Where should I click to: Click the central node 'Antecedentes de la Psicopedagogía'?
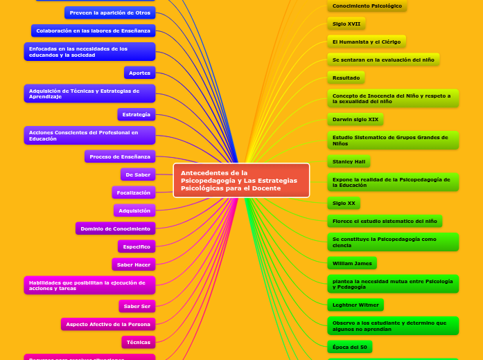click(x=241, y=180)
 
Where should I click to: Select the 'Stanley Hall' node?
click(x=349, y=161)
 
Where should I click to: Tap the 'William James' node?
click(x=352, y=263)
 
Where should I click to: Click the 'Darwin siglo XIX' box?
click(x=355, y=119)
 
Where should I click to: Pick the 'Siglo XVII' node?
click(x=346, y=24)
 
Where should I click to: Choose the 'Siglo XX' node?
click(x=344, y=204)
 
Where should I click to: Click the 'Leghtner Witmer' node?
click(x=355, y=305)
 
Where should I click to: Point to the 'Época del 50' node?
click(x=350, y=347)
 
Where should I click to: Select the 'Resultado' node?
click(x=346, y=78)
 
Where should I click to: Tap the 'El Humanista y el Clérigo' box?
click(x=367, y=42)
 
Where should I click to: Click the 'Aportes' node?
click(x=139, y=73)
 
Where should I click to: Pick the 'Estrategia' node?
click(x=136, y=114)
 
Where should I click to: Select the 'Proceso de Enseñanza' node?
click(x=120, y=156)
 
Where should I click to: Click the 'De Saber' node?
click(x=138, y=174)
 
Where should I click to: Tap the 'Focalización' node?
click(x=134, y=192)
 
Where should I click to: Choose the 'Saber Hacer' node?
click(x=134, y=264)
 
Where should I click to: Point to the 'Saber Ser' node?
click(x=137, y=306)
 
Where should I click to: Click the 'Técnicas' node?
click(x=139, y=342)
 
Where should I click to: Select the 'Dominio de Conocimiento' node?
click(x=115, y=228)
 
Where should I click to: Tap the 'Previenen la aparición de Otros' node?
click(x=109, y=12)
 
